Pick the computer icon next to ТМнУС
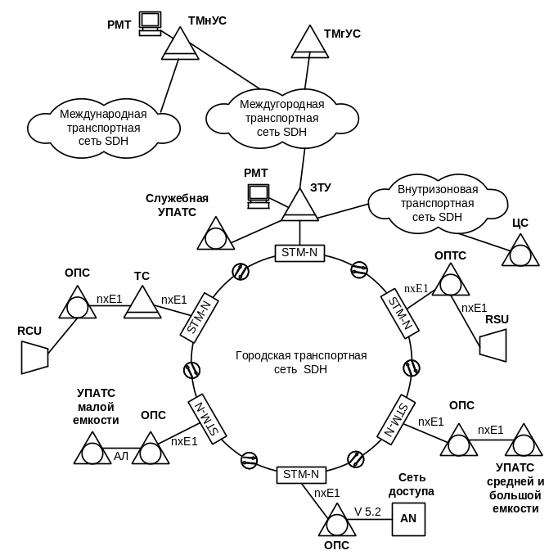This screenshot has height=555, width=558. click(x=150, y=24)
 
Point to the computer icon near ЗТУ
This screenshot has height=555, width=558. click(x=259, y=194)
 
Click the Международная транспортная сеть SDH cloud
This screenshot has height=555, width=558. click(x=104, y=128)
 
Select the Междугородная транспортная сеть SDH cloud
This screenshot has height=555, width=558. click(x=281, y=117)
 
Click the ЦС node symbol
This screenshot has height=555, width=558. click(x=520, y=250)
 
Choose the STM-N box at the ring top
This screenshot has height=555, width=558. click(x=299, y=253)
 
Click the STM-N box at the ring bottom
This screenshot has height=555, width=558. click(x=300, y=474)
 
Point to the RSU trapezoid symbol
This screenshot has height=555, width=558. click(x=493, y=344)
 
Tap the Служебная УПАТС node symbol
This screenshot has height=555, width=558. click(x=215, y=235)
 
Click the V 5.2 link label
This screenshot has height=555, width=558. click(x=367, y=512)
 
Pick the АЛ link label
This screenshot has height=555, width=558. click(x=122, y=455)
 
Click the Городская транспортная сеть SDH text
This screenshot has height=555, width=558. click(x=301, y=363)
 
